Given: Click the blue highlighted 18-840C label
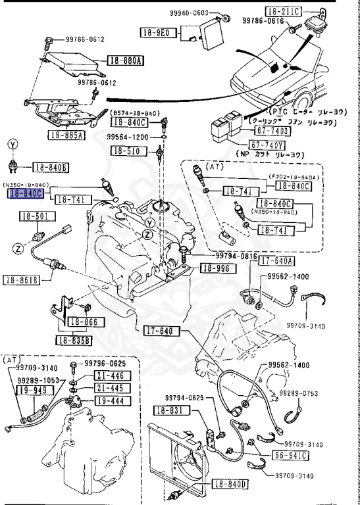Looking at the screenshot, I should click(26, 194).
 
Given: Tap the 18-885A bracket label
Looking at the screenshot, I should click(66, 136).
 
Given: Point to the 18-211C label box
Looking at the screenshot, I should click(283, 11).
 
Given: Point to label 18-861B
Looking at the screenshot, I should click(21, 280).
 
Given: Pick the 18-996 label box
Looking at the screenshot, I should click(216, 268).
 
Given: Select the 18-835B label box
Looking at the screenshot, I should click(74, 341).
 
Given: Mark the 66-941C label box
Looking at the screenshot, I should click(292, 455).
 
